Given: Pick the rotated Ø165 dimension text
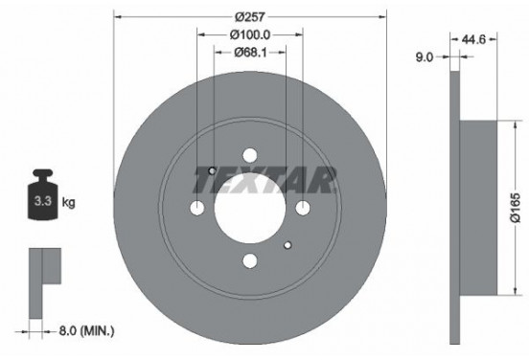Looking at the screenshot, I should coord(515,204).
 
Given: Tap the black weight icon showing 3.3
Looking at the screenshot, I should coord(45,198).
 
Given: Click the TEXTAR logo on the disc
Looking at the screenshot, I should coord(271,176).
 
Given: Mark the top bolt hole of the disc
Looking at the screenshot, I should coord(250,156).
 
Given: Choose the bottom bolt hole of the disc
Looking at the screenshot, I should coord(250,260).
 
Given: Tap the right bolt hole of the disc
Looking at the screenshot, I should coord(303,209).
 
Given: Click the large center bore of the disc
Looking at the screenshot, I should coord(250,209).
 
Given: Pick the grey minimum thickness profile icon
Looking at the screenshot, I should coord(43,271).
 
